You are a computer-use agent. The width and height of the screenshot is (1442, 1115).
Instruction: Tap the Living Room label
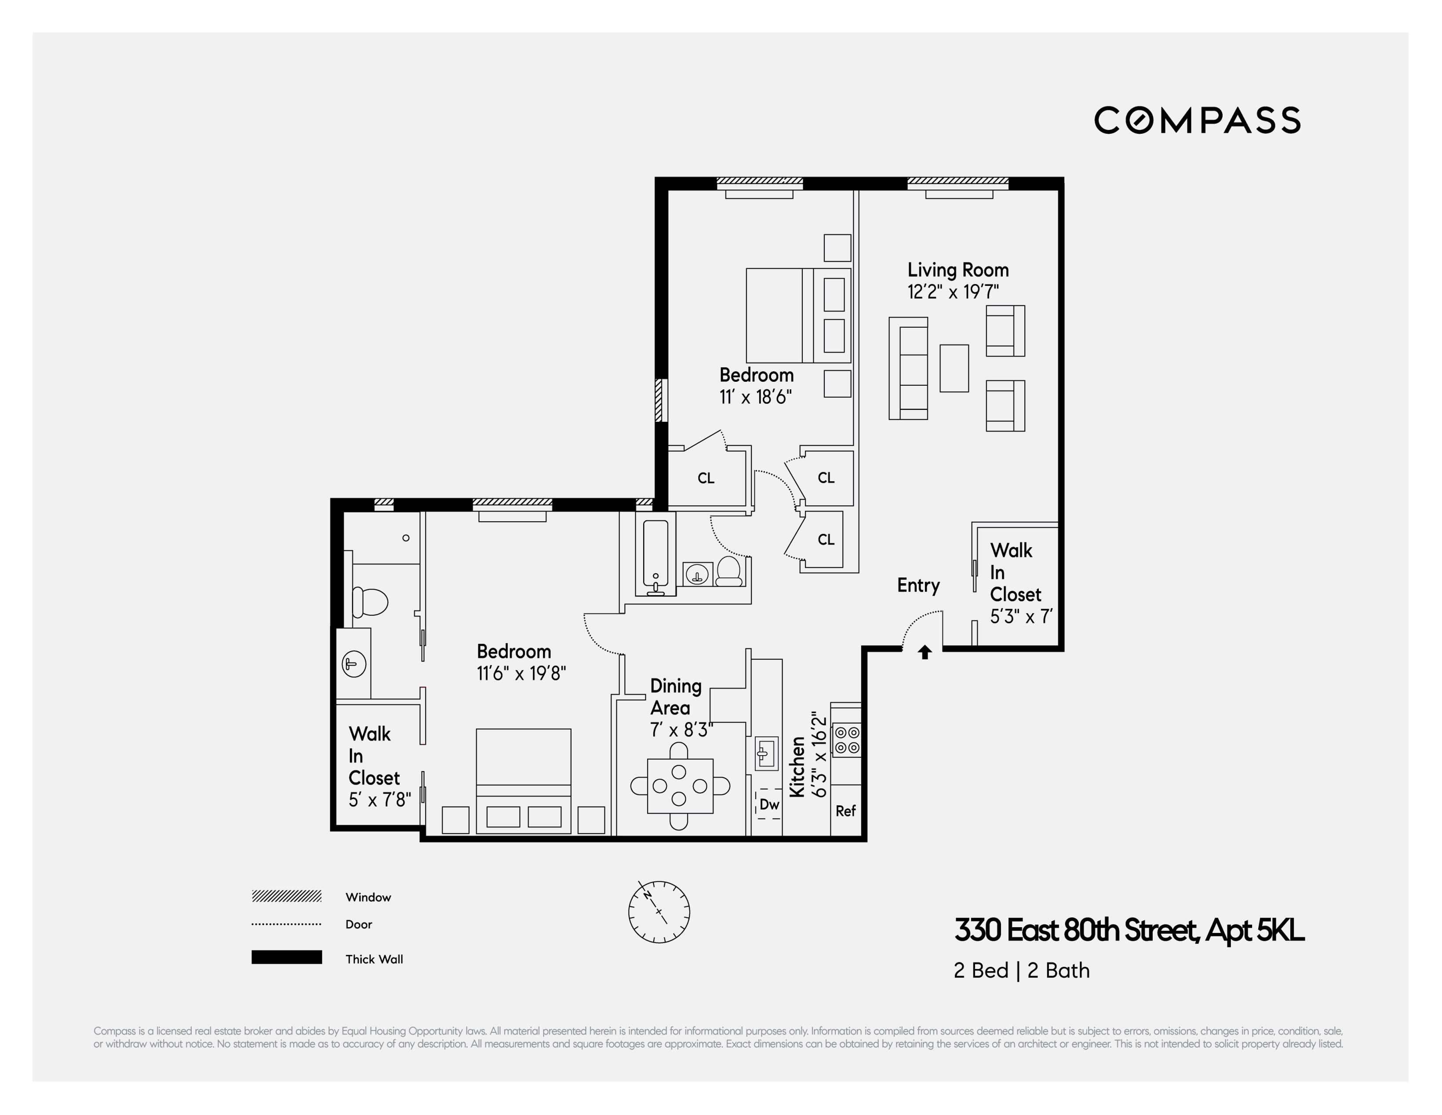958,270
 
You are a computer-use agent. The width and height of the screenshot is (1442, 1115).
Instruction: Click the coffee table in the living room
954,368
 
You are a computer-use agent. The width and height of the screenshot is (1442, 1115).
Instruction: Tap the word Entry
918,585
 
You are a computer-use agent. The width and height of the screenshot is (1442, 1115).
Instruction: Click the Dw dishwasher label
768,804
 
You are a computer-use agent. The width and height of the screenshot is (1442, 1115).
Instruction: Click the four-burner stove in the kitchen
846,740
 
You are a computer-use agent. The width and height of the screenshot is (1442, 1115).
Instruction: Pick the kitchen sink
766,753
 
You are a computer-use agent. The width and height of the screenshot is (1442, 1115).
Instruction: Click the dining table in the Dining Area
680,786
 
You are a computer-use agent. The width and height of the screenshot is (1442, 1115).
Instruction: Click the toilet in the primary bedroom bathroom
370,601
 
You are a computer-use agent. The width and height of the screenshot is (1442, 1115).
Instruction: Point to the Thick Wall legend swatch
287,957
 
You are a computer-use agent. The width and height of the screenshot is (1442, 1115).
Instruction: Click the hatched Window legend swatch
287,896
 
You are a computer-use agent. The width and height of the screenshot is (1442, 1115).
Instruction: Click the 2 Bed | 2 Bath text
1021,970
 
